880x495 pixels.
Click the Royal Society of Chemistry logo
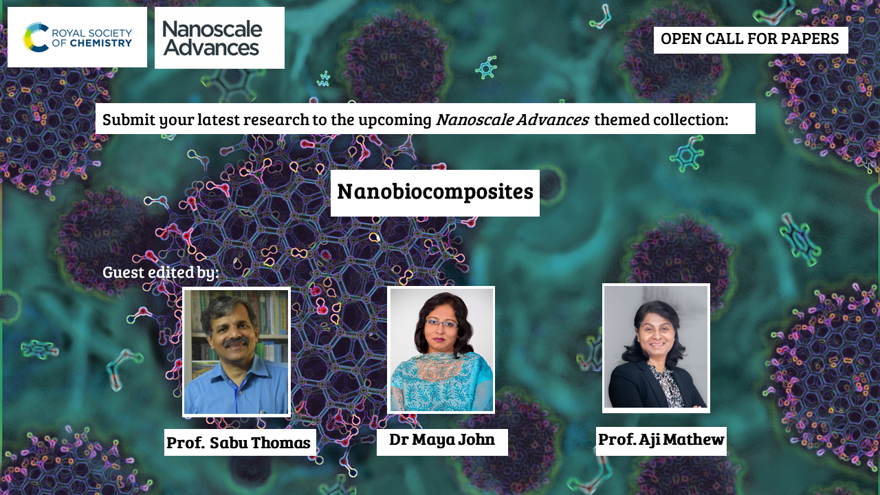[x=78, y=37]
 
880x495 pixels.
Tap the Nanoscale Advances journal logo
[x=219, y=38]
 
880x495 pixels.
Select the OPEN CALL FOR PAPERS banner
[x=751, y=40]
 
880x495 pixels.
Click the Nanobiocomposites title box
[x=435, y=193]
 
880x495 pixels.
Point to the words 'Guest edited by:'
[x=160, y=272]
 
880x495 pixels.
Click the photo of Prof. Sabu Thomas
[x=236, y=351]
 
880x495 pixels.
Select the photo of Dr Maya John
[x=441, y=350]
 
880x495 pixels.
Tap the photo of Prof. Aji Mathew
[x=656, y=348]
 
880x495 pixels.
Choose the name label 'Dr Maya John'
[x=442, y=441]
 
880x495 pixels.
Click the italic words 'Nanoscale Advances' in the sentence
[x=512, y=120]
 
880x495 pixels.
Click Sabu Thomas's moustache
[x=236, y=342]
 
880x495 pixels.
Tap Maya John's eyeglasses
[x=442, y=324]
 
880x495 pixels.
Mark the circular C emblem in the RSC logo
[x=36, y=37]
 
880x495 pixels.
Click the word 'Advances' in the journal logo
[x=211, y=48]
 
